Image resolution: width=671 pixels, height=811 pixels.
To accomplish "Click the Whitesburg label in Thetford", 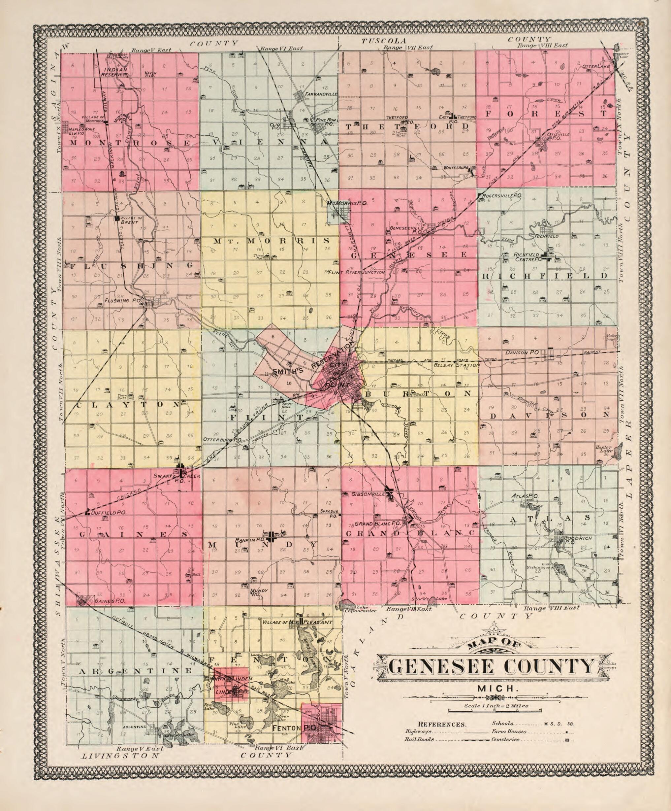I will [456, 168].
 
